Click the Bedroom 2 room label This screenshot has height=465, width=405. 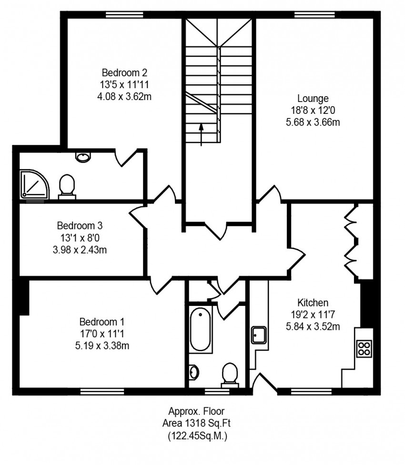(x=124, y=72)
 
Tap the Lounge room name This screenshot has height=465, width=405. (x=313, y=98)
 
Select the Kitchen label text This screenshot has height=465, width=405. (x=313, y=303)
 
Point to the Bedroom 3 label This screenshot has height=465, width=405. (x=80, y=226)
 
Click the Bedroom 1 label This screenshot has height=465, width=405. (x=102, y=322)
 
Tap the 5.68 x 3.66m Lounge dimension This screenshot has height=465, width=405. (x=313, y=122)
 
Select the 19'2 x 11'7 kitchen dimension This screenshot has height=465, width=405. (x=313, y=314)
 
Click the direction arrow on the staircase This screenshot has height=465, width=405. (x=202, y=135)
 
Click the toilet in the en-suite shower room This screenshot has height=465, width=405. (x=67, y=187)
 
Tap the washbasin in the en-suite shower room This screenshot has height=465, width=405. (x=83, y=157)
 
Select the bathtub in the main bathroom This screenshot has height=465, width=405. (x=201, y=329)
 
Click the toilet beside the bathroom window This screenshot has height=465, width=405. (x=230, y=375)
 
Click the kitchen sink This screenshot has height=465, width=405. (x=259, y=335)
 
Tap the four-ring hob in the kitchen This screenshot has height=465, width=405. (x=364, y=348)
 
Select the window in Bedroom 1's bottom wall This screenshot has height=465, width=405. (x=102, y=392)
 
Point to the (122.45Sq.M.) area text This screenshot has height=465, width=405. (x=197, y=435)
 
